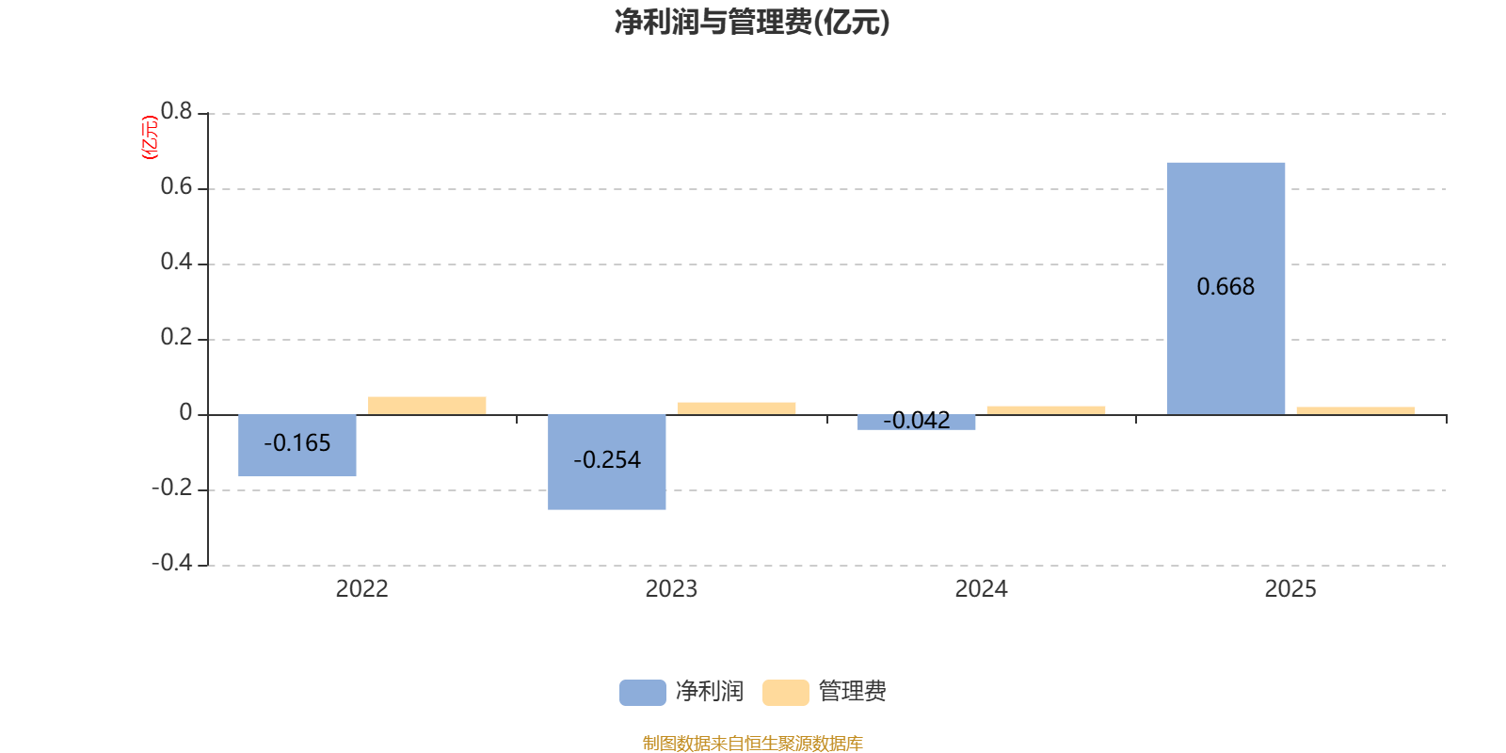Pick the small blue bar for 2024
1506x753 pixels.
click(x=917, y=424)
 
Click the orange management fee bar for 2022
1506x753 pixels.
click(x=427, y=405)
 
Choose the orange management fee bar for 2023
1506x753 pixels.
click(x=736, y=408)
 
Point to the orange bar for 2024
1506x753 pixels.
click(x=1046, y=409)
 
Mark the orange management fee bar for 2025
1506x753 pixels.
click(x=1355, y=410)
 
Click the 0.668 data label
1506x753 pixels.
click(x=1226, y=286)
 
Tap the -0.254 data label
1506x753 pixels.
click(x=607, y=460)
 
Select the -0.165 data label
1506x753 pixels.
click(x=297, y=442)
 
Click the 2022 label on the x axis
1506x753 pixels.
click(x=361, y=589)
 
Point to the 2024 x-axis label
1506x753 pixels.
click(x=981, y=589)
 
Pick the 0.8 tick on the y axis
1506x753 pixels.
click(x=176, y=112)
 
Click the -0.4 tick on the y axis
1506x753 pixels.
click(x=171, y=563)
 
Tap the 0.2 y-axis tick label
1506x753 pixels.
click(x=176, y=337)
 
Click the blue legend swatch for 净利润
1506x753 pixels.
click(x=642, y=692)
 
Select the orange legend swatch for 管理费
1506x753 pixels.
click(x=785, y=692)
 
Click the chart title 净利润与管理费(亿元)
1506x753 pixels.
click(x=752, y=22)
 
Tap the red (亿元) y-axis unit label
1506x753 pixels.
click(x=149, y=137)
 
